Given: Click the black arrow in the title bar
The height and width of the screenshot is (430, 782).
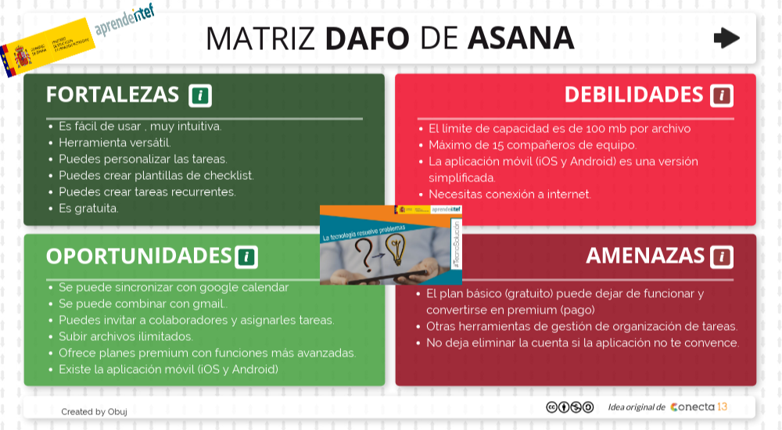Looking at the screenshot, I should click(726, 38).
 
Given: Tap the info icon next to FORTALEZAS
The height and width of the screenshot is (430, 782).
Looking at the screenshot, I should click(200, 95).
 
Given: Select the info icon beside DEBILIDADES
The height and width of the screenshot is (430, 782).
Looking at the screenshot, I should click(721, 95).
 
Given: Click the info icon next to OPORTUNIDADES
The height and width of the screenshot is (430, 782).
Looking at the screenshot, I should click(246, 256).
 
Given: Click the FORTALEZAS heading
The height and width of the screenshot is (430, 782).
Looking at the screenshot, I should click(113, 95).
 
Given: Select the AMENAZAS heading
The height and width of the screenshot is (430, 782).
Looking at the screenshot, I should click(645, 256).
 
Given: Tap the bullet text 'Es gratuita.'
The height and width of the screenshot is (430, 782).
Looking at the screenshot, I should click(88, 209).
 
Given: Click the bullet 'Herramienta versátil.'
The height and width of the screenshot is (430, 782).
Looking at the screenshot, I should click(114, 142).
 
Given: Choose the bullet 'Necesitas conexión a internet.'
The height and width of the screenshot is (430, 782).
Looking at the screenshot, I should click(509, 195).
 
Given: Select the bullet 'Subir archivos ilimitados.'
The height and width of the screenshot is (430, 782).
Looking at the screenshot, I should click(125, 336).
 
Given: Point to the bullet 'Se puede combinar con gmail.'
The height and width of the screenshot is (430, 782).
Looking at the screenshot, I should click(142, 303).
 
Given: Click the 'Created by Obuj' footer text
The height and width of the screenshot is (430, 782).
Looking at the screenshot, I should click(94, 411).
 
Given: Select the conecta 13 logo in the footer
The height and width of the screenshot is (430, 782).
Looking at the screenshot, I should click(698, 407).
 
